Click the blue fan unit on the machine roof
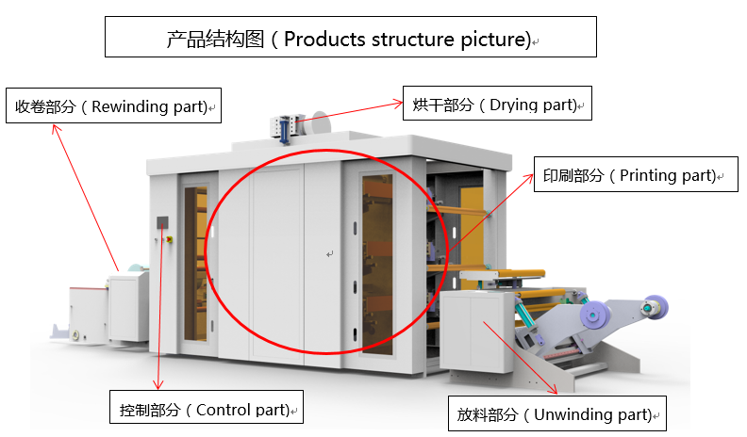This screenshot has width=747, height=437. (283, 127)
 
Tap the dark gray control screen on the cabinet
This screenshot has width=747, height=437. (163, 222)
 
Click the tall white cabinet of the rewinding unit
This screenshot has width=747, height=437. (127, 306)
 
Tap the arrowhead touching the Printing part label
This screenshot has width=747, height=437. (530, 176)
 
